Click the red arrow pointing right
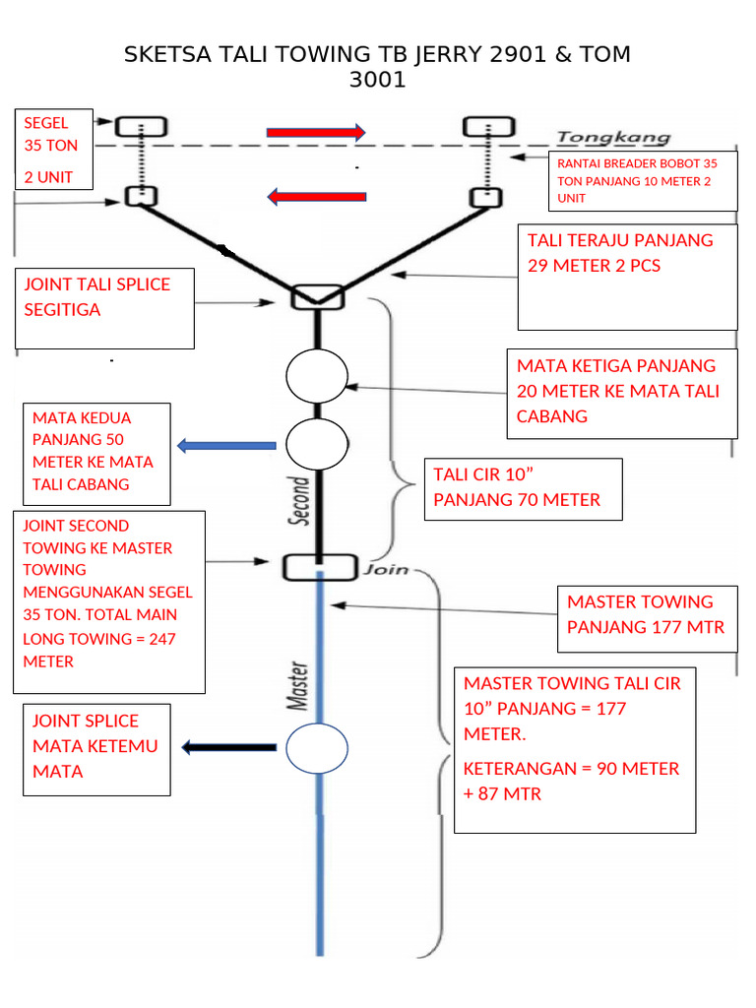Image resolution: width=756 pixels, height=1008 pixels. (x=316, y=132)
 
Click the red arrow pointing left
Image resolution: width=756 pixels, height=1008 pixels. (x=316, y=197)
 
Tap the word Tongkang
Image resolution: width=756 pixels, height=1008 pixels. (x=613, y=138)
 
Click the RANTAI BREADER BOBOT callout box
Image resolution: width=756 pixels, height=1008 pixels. (x=643, y=181)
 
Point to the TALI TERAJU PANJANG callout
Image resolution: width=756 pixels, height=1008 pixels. (x=627, y=276)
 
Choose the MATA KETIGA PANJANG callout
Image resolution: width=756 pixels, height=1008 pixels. (x=622, y=392)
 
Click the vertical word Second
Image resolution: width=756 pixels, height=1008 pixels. (x=299, y=502)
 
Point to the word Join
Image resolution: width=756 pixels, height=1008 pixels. (x=390, y=569)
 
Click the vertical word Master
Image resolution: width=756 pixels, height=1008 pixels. (x=298, y=686)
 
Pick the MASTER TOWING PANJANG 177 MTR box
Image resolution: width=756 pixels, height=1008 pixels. (x=647, y=615)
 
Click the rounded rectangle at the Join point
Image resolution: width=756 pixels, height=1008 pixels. (x=318, y=567)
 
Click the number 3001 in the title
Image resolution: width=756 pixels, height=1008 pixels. (x=377, y=81)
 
